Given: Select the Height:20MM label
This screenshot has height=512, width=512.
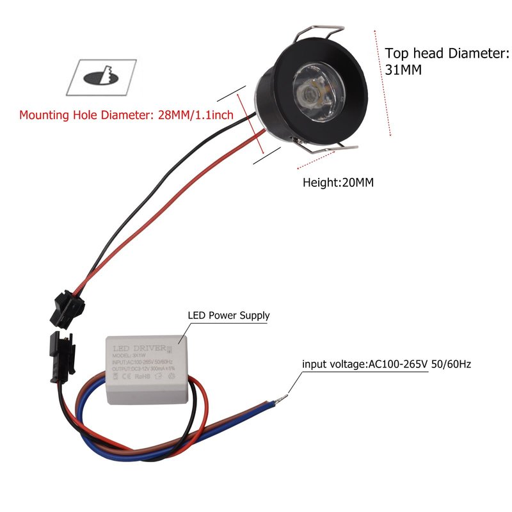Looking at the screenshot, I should click(x=338, y=182).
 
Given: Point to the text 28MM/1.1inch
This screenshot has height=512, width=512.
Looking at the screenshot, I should click(x=195, y=116).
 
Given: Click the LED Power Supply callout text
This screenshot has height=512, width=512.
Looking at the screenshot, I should click(x=228, y=316).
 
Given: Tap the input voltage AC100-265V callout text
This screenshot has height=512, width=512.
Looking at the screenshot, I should click(x=387, y=364).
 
